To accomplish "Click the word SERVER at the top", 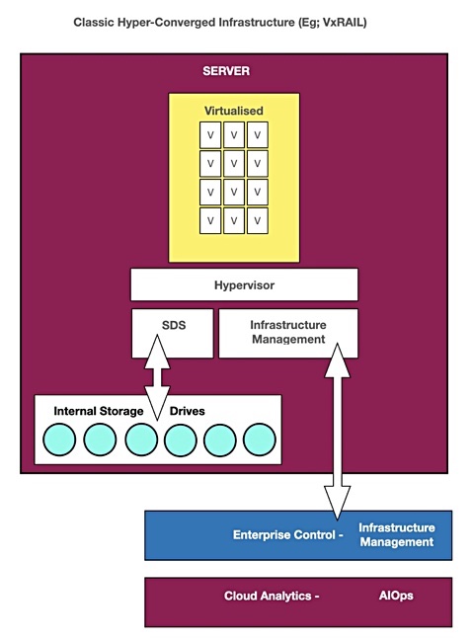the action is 226,71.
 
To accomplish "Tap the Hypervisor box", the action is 244,284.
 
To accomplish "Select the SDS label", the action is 174,325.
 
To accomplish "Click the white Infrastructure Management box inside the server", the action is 288,333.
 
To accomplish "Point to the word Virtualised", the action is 234,111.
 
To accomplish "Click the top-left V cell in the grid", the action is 210,134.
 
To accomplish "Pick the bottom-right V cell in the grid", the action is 258,220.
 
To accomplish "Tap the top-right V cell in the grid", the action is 258,134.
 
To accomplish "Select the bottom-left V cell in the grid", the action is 210,220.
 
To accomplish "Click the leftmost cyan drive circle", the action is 59,440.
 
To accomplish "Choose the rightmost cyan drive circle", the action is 259,440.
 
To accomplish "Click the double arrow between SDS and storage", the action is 157,377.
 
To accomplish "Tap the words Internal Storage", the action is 98,411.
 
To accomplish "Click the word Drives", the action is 187,411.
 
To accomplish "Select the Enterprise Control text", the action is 287,534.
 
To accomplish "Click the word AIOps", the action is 396,596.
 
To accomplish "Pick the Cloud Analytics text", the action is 272,596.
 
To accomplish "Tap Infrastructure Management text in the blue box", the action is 397,534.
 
